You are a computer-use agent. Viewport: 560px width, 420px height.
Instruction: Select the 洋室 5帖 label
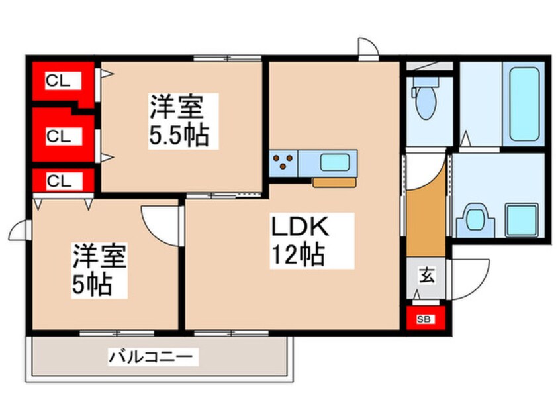pyautogui.click(x=99, y=270)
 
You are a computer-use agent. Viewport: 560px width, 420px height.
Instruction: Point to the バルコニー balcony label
pyautogui.click(x=153, y=356)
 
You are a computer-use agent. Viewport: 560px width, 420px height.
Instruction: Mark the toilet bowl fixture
pyautogui.click(x=426, y=98)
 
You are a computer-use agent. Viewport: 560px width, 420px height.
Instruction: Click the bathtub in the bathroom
pyautogui.click(x=524, y=104)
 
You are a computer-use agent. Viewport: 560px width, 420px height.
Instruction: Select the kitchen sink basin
pyautogui.click(x=335, y=162)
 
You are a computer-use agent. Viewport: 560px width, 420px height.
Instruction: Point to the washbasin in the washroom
pyautogui.click(x=475, y=220)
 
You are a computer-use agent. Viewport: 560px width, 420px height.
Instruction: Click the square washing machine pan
pyautogui.click(x=522, y=220)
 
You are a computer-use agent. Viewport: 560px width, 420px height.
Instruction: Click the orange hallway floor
pyautogui.click(x=426, y=218)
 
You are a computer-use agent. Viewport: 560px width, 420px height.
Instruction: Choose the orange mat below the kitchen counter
pyautogui.click(x=335, y=182)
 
